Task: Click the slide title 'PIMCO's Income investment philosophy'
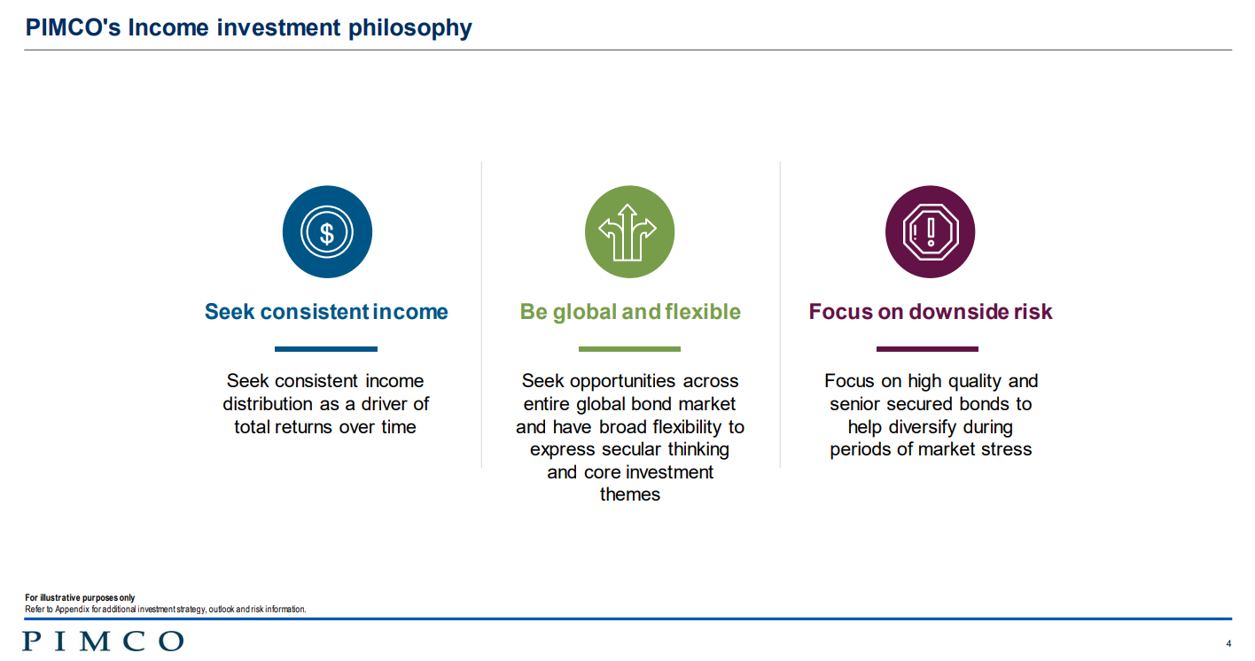[249, 28]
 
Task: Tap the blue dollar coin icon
[327, 232]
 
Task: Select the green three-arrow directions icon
[630, 232]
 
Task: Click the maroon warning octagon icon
[930, 232]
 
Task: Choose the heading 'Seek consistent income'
[326, 312]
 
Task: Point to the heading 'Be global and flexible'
[630, 312]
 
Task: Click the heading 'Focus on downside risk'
[931, 312]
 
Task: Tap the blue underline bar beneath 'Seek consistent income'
[326, 349]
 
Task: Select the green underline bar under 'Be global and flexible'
[630, 349]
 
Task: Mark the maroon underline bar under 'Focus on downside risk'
[927, 349]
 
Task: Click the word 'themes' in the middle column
[630, 494]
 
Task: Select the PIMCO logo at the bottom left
[103, 642]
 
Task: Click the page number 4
[1228, 643]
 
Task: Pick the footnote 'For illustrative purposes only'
[80, 598]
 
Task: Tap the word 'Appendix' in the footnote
[73, 610]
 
